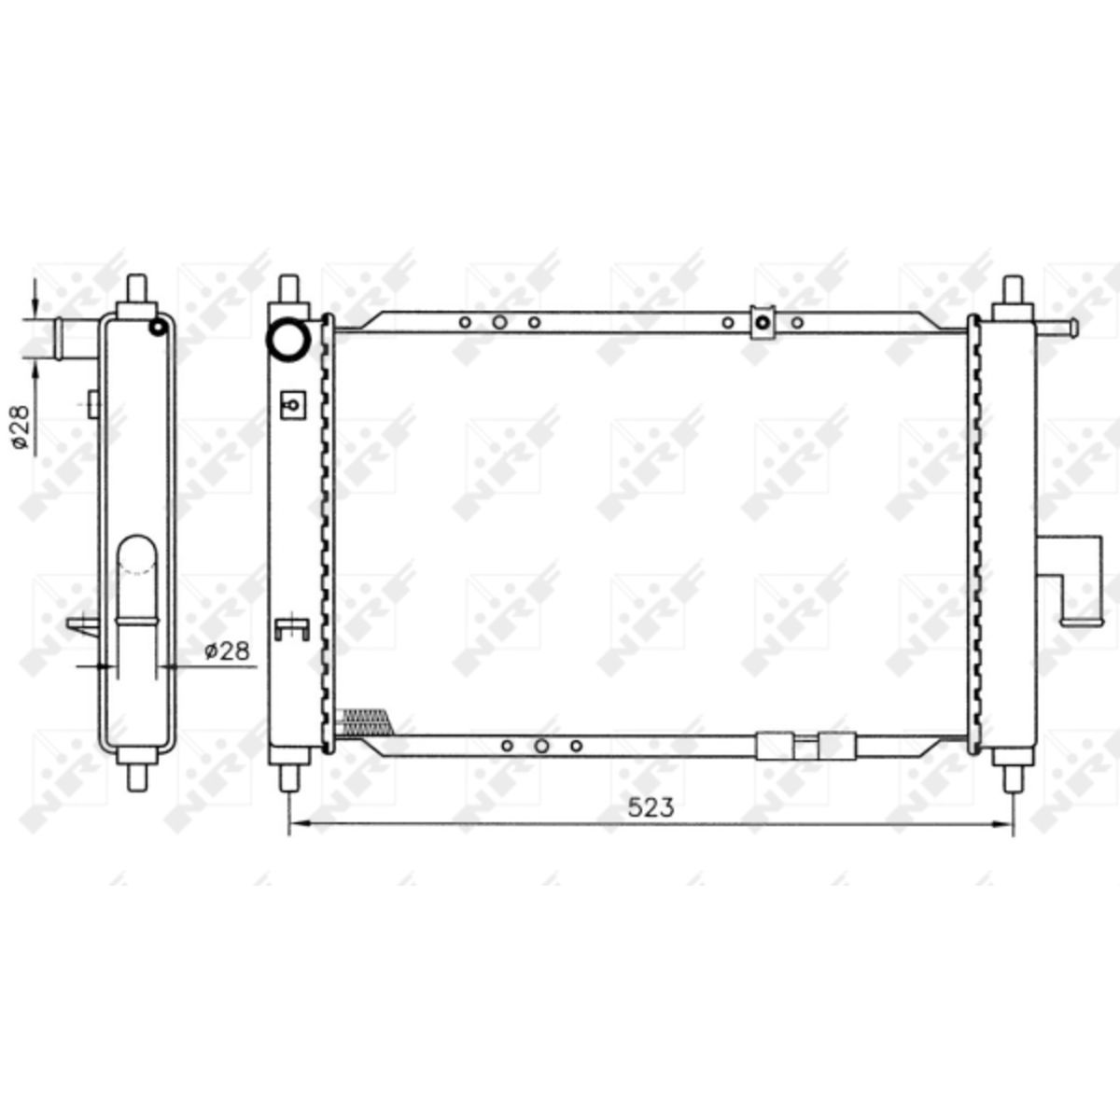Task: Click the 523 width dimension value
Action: coord(651,808)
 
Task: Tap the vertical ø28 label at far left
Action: coord(21,427)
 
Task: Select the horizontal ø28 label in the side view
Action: coord(227,651)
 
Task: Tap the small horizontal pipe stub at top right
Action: coord(1056,328)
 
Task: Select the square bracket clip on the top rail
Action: coord(763,323)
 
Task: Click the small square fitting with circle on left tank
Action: coord(292,404)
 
